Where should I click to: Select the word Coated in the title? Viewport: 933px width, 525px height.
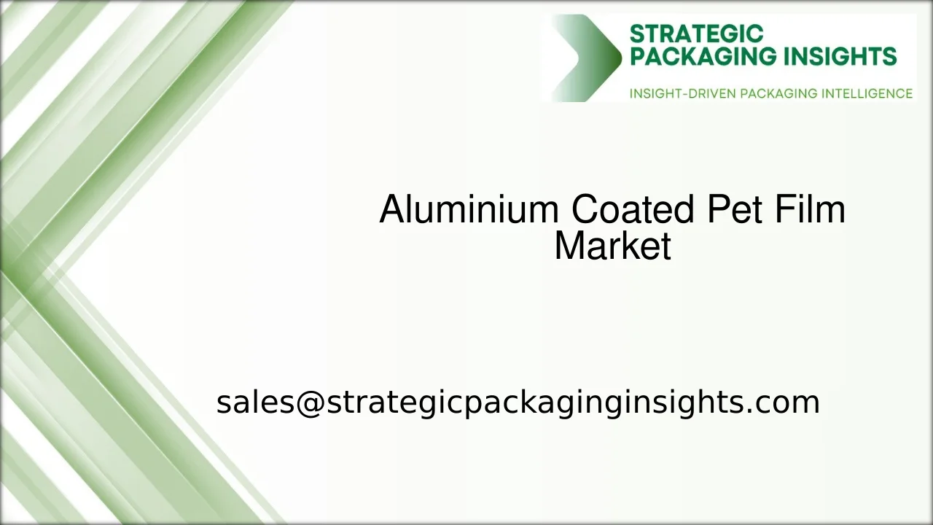[633, 210]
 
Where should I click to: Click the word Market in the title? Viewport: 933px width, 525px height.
[612, 246]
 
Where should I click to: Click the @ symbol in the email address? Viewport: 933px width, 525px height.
[310, 402]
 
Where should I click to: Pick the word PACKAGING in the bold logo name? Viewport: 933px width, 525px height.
[698, 57]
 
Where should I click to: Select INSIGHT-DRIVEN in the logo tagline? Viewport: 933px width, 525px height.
[682, 93]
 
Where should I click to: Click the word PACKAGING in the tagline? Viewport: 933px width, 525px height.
[778, 93]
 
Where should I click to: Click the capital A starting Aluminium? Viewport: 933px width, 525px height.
[391, 210]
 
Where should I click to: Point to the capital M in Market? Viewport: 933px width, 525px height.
[569, 246]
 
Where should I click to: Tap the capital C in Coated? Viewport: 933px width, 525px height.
[585, 210]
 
